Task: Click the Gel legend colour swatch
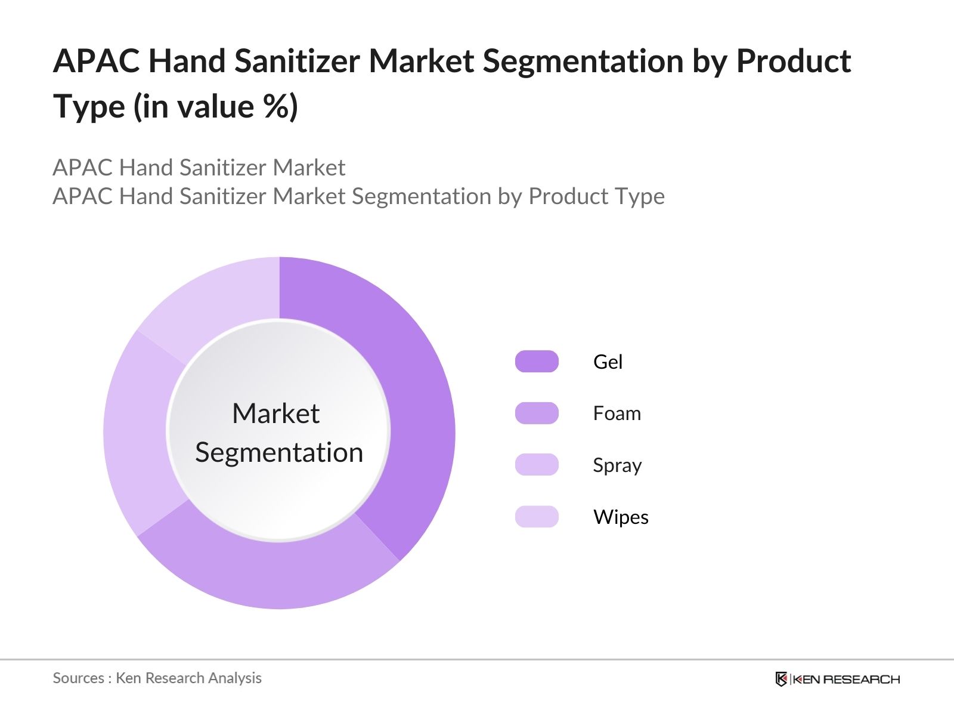[537, 362]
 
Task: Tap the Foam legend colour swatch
[537, 413]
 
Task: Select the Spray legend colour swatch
[537, 465]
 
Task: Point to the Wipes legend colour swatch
[537, 517]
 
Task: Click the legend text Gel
[608, 362]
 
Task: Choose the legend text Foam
[617, 413]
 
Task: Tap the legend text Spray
[617, 465]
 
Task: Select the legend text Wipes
[621, 517]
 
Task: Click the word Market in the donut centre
[275, 413]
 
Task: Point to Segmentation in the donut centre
[279, 452]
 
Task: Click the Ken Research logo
[837, 679]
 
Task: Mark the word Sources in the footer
[78, 678]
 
